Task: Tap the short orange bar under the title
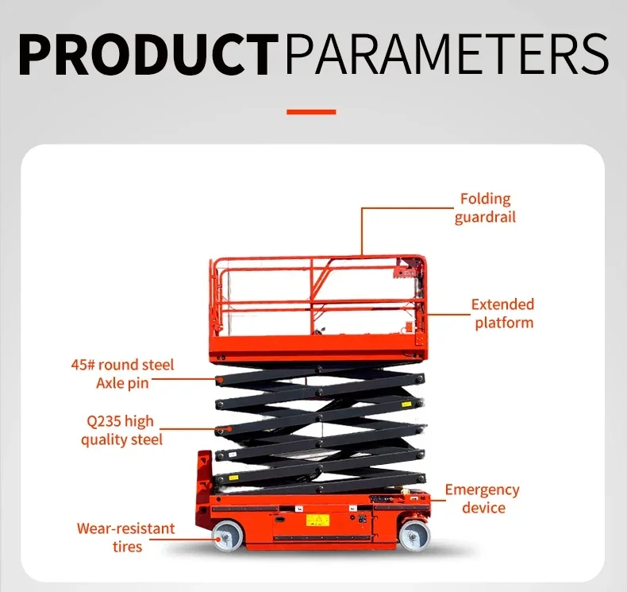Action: click(311, 112)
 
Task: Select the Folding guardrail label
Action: click(485, 207)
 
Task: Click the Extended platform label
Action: click(503, 313)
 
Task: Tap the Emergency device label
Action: click(482, 498)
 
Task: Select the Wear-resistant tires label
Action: click(125, 537)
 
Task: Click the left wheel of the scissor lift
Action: click(228, 537)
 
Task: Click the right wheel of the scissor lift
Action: click(414, 536)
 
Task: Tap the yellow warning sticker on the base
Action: click(317, 520)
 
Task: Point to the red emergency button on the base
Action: click(411, 493)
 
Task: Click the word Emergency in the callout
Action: click(482, 489)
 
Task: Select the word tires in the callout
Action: click(127, 547)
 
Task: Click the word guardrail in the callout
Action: click(485, 217)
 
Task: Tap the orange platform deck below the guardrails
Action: click(317, 348)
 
